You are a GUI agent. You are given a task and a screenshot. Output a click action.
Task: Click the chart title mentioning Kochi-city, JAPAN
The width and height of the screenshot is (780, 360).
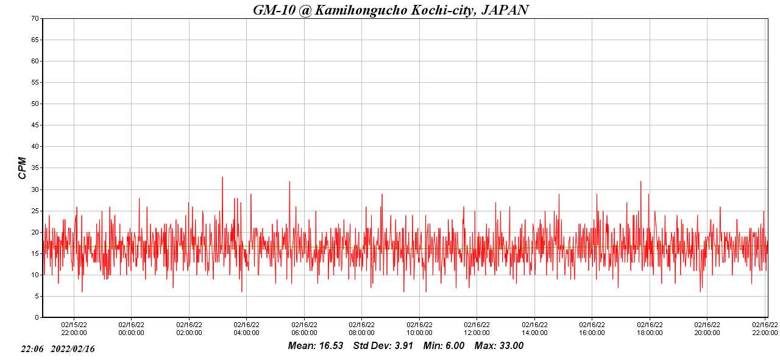(x=391, y=10)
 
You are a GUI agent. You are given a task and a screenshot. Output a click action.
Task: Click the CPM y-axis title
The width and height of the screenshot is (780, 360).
(x=23, y=168)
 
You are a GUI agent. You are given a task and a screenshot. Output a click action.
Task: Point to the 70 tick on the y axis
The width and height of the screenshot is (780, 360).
(x=35, y=18)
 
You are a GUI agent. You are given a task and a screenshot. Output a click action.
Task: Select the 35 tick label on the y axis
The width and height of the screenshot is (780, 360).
(x=35, y=168)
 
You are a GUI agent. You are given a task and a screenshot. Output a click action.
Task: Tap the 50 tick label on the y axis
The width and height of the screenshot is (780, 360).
(x=35, y=104)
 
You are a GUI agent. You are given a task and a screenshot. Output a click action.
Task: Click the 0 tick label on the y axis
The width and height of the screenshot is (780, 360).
(x=37, y=317)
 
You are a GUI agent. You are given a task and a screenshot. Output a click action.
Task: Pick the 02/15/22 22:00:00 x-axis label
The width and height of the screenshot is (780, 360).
(x=74, y=329)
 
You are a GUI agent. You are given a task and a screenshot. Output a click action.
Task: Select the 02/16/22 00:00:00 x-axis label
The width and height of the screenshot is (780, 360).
(x=131, y=329)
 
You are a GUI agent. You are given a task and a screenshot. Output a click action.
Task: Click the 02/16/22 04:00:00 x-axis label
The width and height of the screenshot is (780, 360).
(x=246, y=329)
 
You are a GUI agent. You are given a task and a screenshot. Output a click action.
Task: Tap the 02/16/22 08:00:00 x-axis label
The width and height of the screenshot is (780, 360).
(x=361, y=329)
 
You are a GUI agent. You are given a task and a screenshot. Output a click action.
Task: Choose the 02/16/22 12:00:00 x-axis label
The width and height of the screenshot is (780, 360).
(x=477, y=329)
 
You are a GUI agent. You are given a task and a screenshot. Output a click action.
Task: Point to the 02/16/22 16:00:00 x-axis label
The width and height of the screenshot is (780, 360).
(x=592, y=329)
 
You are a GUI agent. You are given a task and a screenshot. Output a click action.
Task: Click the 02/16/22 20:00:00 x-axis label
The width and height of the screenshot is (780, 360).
(x=707, y=329)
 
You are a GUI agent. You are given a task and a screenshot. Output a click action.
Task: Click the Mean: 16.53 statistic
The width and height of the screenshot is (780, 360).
(x=316, y=346)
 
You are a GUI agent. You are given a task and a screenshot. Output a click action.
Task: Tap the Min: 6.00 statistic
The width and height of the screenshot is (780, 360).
(x=444, y=346)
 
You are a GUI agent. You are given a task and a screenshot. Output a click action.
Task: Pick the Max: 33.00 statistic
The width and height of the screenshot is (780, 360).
(x=499, y=346)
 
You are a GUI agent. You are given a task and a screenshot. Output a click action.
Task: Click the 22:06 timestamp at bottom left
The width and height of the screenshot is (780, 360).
(x=32, y=349)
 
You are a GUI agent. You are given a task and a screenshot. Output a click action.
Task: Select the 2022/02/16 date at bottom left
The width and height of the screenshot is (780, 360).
(x=73, y=349)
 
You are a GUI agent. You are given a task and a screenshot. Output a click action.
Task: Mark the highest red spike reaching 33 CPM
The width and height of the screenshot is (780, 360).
(x=222, y=177)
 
